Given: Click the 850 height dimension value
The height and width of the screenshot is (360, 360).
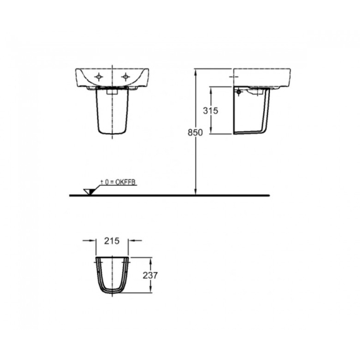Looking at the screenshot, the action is [195, 132].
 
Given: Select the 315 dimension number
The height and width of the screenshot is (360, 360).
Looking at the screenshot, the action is [210, 111].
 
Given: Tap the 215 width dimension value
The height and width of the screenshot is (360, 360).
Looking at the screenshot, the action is [112, 241].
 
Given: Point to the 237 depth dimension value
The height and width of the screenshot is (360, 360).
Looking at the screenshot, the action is [150, 275].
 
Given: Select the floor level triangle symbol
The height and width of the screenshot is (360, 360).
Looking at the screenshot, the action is [89, 191].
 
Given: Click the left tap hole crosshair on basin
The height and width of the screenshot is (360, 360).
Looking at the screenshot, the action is [99, 77].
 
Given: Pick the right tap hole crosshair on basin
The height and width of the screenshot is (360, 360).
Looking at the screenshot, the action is [125, 77].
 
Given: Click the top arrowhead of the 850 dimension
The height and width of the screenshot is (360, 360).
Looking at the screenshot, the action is [196, 73].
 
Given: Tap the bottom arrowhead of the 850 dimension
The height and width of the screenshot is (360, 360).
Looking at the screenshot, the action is [196, 191].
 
